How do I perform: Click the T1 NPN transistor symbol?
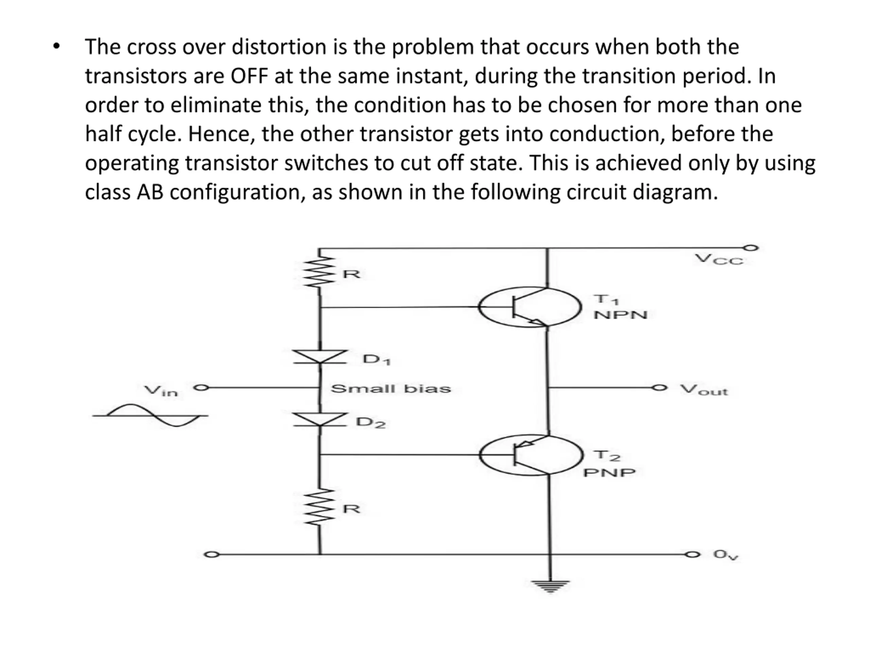point(530,307)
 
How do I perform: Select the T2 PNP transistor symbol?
point(531,455)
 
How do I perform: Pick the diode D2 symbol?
point(320,420)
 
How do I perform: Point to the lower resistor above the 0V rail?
point(320,507)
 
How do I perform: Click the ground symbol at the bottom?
point(550,586)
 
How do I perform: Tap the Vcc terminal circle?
point(751,248)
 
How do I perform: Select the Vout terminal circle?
point(660,388)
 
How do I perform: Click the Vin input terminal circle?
point(201,388)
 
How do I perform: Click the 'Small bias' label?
point(390,389)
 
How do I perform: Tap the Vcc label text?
point(718,260)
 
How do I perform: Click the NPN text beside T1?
point(620,315)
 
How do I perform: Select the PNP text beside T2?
point(609,472)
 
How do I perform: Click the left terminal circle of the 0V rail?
point(211,555)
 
